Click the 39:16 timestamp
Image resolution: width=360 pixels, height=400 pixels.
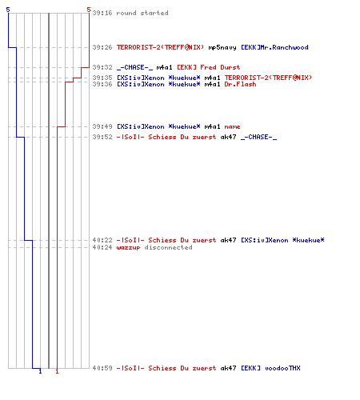102,13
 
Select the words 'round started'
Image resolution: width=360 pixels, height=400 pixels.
142,13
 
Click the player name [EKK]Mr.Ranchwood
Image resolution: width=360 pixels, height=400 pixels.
274,47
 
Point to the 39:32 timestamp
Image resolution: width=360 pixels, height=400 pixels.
102,67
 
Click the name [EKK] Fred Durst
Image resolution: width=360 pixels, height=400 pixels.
209,67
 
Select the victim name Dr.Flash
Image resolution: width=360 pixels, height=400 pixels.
240,84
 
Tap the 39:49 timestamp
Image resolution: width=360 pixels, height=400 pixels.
102,126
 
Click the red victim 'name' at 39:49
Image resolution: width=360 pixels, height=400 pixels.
232,126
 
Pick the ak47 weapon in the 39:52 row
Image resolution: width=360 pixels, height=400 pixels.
228,137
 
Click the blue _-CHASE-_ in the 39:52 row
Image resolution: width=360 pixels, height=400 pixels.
259,137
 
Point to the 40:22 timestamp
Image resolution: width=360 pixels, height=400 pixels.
102,240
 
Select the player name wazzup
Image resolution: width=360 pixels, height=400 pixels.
128,248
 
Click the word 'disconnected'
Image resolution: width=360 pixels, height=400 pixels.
168,247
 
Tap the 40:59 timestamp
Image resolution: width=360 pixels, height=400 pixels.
102,368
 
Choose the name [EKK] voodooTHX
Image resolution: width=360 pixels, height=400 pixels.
270,368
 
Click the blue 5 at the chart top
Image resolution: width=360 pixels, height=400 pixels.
8,10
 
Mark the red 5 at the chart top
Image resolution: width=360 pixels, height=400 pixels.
89,10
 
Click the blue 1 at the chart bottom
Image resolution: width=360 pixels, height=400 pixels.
40,371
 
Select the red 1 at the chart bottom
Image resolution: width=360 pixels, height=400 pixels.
57,371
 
